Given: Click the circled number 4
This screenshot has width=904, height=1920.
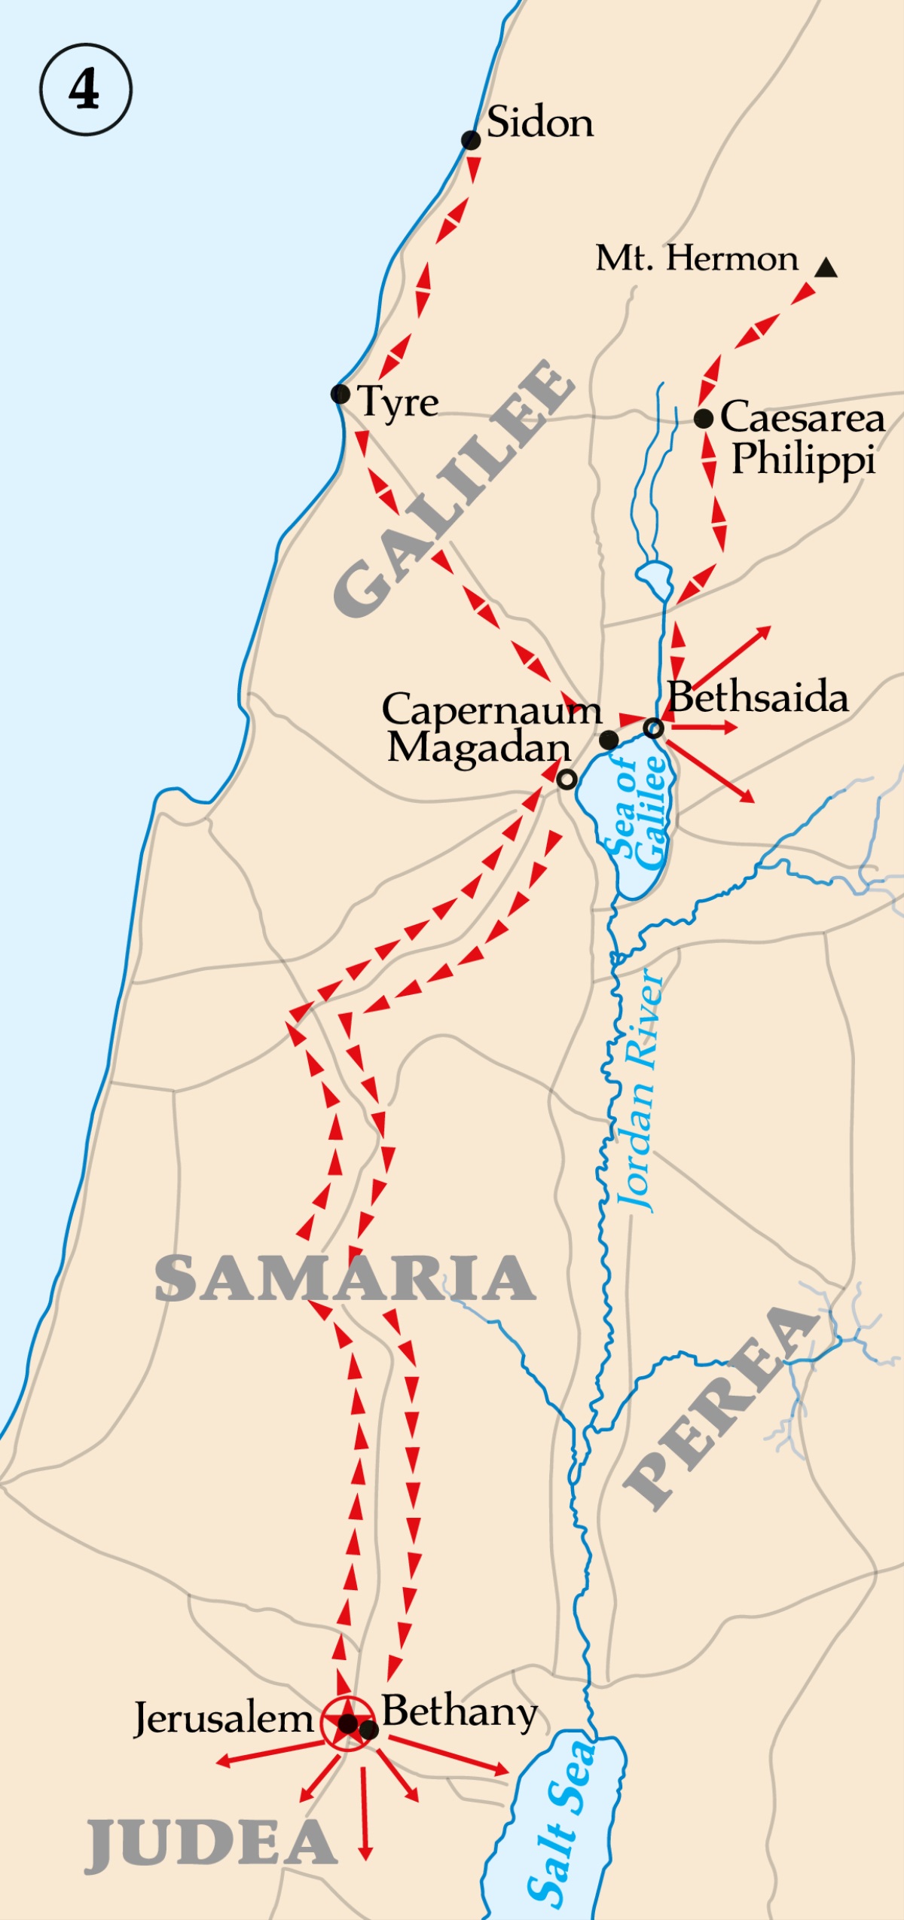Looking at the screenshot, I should coord(85,90).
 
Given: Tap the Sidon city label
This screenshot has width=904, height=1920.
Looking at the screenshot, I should coord(540,122).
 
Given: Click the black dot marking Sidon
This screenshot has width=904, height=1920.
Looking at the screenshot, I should coord(471,140).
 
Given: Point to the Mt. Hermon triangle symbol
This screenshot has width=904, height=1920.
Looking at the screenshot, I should coord(826,267).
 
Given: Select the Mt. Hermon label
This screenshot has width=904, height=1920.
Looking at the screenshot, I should coord(697,258).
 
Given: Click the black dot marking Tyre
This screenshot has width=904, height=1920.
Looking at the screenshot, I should coord(341,393).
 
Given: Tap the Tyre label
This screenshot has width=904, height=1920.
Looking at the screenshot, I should coord(398,402).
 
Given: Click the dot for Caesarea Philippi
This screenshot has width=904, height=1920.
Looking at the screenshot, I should coord(704,419).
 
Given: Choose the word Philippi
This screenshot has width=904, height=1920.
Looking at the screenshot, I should coord(803,459).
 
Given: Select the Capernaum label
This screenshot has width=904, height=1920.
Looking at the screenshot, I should coord(491,710).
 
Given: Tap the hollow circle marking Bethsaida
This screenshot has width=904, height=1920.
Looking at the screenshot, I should coord(654,728).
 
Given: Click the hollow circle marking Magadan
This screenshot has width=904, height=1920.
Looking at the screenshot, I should coord(567,780).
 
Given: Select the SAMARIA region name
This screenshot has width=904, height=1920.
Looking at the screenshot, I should coord(345,1278).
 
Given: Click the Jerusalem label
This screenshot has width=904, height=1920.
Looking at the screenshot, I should coord(223,1719).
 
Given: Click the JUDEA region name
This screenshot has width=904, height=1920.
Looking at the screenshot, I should coord(211,1845).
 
